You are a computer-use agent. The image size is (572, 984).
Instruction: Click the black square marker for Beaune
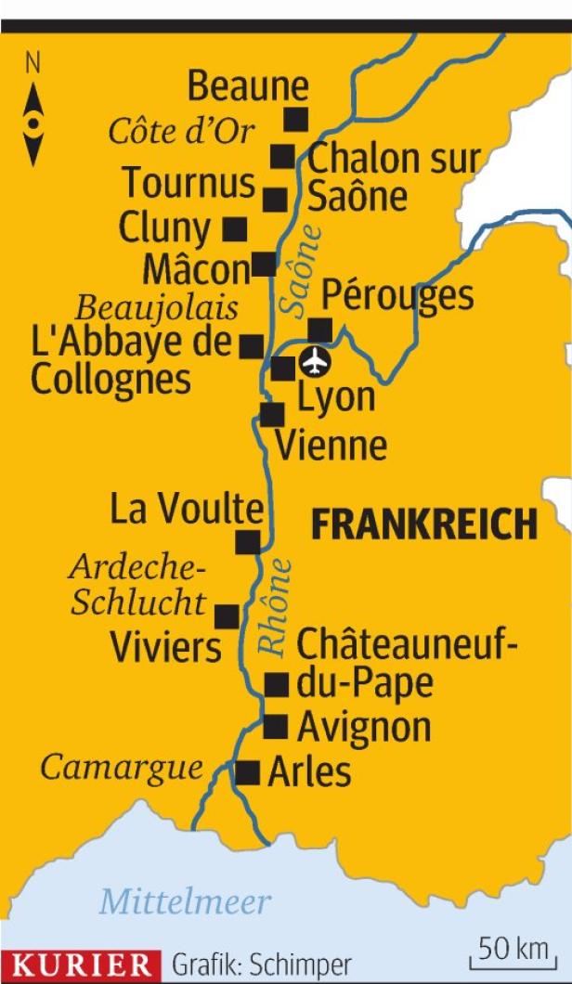coord(295,118)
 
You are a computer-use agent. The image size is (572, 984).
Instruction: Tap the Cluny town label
coord(165,227)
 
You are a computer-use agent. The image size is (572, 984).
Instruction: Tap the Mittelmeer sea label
coord(185,900)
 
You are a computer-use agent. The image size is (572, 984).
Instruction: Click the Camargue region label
coord(122,768)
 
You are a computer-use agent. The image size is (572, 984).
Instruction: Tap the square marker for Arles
coord(247,772)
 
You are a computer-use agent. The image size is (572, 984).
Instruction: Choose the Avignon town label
coord(364,727)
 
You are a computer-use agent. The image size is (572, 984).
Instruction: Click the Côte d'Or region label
coord(181,132)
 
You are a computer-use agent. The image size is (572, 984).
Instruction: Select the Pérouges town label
coord(397,295)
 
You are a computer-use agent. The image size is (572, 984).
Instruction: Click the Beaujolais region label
coord(156,307)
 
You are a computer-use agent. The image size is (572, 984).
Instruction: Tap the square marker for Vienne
coord(272,414)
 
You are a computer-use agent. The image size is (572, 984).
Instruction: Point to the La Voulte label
coord(187,509)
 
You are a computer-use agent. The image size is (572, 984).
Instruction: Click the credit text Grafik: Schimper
coord(262,965)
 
